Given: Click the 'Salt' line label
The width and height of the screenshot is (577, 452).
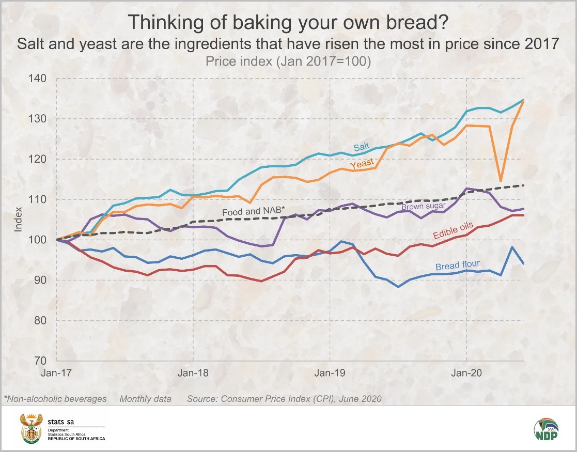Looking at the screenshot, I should pos(361,147).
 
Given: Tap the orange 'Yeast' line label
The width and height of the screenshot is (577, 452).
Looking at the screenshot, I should pos(361,164).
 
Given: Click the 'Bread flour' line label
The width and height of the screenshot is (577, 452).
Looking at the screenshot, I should pos(458,266).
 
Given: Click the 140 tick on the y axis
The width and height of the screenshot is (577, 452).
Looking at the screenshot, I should pos(40,79).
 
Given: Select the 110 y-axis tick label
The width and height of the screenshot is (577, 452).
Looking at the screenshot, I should pos(40,199).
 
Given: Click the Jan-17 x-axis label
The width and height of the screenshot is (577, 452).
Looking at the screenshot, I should pos(57,372).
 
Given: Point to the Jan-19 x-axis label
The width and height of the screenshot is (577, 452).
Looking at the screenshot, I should pos(330,372).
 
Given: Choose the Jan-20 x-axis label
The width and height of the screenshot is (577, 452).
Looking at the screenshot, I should pos(466,372).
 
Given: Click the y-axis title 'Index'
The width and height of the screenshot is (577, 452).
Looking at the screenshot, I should pos(18,220).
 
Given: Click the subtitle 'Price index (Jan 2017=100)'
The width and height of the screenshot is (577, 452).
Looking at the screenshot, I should pos(288,61).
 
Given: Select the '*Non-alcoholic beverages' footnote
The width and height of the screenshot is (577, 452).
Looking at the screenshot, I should pos(55,399).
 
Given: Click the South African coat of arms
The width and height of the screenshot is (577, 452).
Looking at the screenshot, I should pos(30,428).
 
